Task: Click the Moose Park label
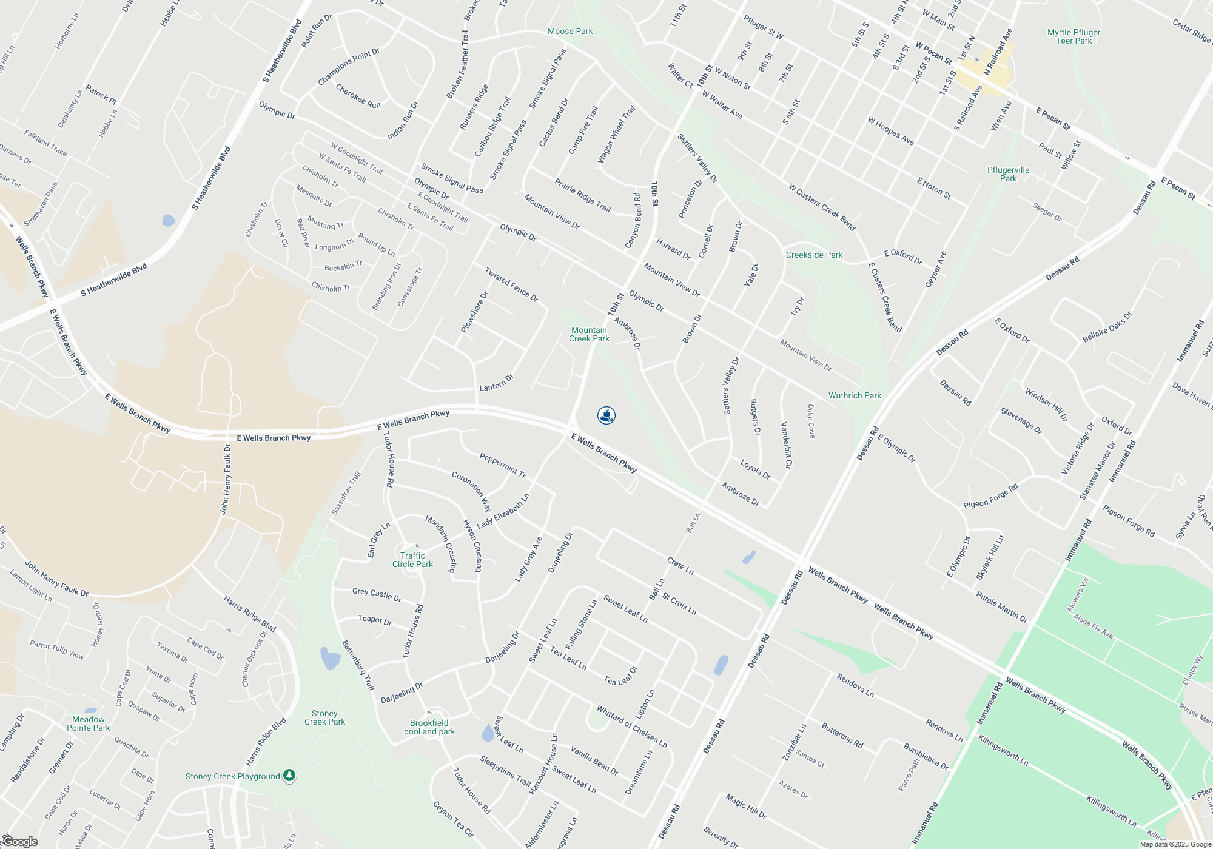(570, 31)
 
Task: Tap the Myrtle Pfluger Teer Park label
(1074, 36)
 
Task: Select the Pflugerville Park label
(1008, 174)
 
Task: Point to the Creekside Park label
(814, 255)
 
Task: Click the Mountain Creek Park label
(589, 334)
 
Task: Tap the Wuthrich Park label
(855, 395)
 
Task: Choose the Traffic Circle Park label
(412, 560)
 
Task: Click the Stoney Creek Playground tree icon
(290, 776)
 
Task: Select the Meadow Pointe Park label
(89, 723)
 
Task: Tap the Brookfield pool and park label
(429, 727)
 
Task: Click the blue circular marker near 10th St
(606, 415)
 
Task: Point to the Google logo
(20, 842)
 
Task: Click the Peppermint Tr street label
(502, 464)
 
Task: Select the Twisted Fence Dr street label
(511, 284)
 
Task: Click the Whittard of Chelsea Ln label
(631, 727)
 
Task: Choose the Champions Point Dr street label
(349, 67)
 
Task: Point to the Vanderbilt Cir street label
(786, 446)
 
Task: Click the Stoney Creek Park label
(324, 717)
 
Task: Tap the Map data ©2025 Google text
(1175, 844)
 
